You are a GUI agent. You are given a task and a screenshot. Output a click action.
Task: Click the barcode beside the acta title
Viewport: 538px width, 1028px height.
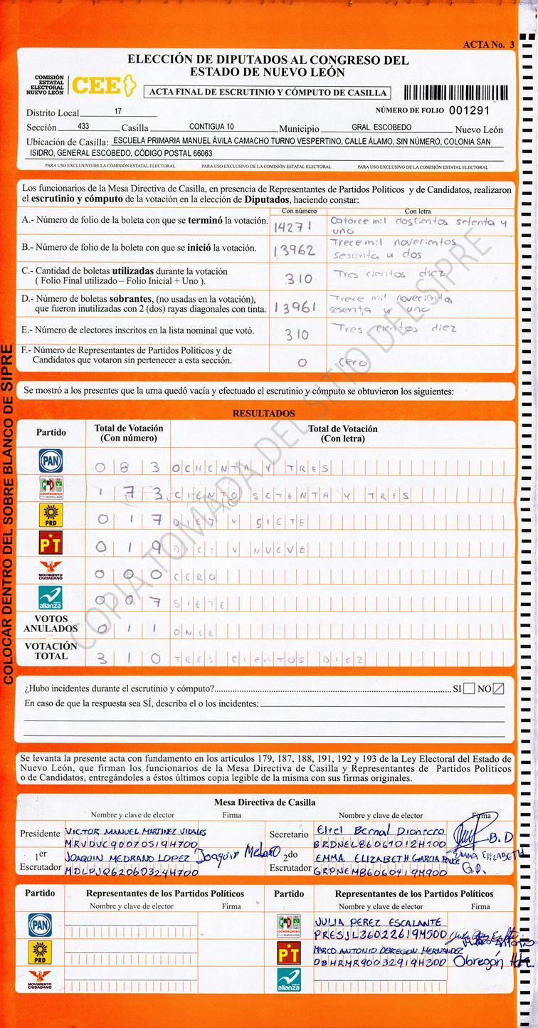click(455, 92)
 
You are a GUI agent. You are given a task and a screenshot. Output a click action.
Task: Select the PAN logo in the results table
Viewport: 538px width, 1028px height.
click(51, 461)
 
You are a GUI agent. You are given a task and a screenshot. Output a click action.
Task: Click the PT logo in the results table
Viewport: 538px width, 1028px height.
click(51, 544)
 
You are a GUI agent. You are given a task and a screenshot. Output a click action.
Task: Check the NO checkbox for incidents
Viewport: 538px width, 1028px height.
click(498, 688)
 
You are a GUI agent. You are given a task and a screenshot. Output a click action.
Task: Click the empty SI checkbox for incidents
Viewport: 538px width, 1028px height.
click(469, 688)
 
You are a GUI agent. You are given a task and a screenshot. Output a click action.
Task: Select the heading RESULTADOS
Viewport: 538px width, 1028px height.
click(263, 413)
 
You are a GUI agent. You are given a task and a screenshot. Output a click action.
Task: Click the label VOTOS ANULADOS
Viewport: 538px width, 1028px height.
click(51, 624)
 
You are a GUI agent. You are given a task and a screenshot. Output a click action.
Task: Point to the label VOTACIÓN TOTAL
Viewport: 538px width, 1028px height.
click(51, 651)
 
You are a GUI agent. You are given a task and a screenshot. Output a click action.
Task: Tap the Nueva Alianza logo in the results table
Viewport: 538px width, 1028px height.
click(51, 597)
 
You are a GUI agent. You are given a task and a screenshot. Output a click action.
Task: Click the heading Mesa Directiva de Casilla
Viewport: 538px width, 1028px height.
click(265, 802)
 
